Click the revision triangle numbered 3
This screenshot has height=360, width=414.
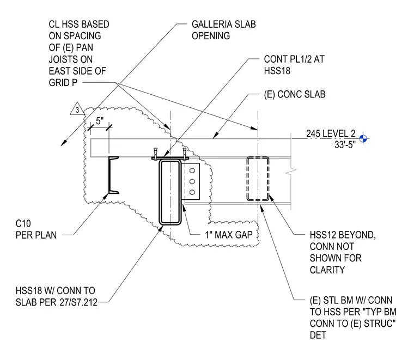click(x=77, y=109)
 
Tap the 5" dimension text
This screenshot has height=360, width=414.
click(x=100, y=121)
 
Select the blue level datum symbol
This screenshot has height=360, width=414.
click(x=363, y=138)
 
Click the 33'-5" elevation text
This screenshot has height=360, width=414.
click(x=345, y=145)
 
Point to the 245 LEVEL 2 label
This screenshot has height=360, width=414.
click(x=331, y=133)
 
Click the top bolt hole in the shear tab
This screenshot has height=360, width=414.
click(x=192, y=171)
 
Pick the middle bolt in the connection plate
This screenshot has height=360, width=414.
click(x=192, y=181)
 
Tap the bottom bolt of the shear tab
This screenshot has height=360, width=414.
click(x=192, y=192)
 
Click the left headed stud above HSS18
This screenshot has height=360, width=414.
click(x=155, y=152)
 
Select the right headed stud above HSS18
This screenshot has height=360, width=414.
click(x=184, y=152)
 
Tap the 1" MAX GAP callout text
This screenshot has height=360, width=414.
click(x=229, y=235)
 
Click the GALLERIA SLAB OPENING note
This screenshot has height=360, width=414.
click(x=224, y=30)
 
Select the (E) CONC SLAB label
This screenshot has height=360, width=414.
click(x=295, y=94)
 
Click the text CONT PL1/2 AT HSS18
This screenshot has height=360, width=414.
click(x=294, y=65)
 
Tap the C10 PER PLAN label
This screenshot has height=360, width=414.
click(x=36, y=229)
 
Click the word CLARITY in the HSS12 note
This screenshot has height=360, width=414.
click(x=327, y=270)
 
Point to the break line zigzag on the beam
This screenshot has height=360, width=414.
click(x=291, y=171)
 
